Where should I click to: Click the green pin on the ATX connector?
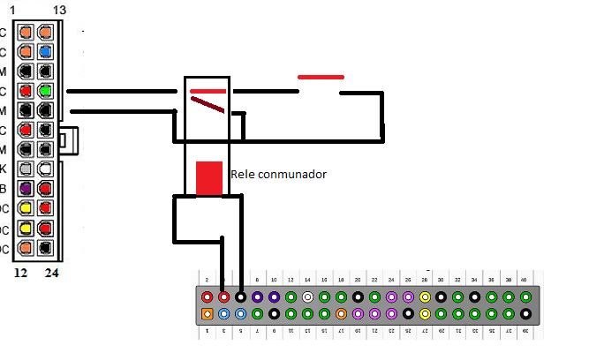[x=44, y=91]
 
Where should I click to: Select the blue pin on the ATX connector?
[x=44, y=51]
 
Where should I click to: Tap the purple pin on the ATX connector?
[x=26, y=187]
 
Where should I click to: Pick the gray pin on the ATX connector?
[x=26, y=168]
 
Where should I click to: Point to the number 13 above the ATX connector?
[x=59, y=9]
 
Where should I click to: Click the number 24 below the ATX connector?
[x=51, y=274]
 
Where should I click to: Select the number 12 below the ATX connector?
[x=21, y=274]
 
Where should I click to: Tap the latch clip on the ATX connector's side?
[x=69, y=139]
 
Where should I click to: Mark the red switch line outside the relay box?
[x=321, y=77]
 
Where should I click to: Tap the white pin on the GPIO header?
[x=307, y=297]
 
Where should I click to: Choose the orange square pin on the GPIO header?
[x=207, y=313]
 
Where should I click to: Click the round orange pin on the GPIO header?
[x=341, y=313]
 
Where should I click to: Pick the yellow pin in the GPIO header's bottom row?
[x=425, y=313]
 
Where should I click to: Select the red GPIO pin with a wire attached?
[x=223, y=297]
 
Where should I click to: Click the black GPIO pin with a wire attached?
[x=240, y=297]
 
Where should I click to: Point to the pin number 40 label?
[x=524, y=280]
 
